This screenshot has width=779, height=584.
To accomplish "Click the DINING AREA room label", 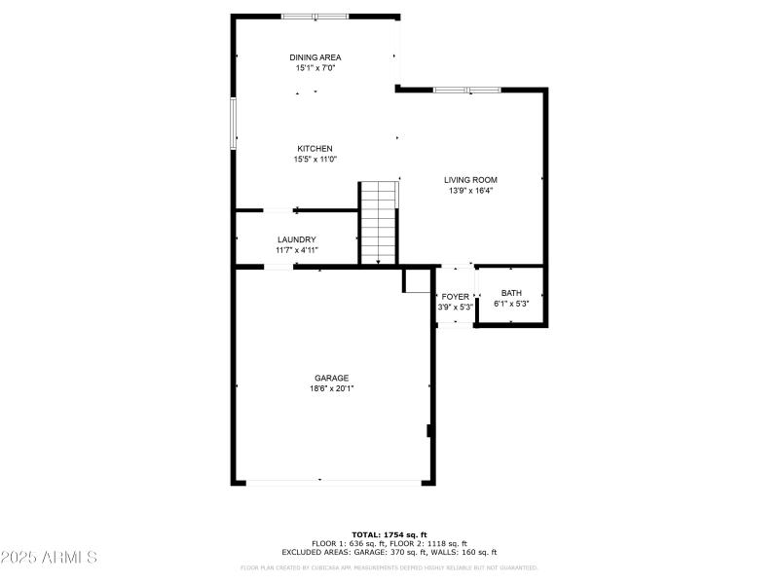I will tap(315, 57).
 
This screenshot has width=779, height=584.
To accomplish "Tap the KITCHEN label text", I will tap(315, 149).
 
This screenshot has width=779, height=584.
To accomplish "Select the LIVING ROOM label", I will tap(470, 180).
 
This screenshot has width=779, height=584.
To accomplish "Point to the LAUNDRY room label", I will tap(296, 239).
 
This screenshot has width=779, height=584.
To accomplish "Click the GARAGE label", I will tap(331, 378).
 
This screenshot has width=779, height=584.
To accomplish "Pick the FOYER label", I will tap(456, 296).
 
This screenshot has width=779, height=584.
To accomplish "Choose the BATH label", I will tap(511, 293).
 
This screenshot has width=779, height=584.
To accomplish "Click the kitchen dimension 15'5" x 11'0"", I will tap(315, 160).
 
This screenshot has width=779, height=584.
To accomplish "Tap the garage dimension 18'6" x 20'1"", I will tap(331, 388).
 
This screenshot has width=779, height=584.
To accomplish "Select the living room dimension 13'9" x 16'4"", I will tap(470, 191).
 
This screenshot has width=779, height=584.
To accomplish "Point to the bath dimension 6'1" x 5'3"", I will tap(511, 304).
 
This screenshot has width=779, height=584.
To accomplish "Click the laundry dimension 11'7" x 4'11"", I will tap(296, 250).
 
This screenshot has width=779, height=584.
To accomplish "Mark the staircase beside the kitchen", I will tap(379, 222).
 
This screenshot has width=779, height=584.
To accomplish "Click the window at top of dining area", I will tap(315, 17).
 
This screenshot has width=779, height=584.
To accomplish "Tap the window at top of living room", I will tap(466, 91).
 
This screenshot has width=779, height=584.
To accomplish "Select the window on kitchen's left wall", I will tap(234, 123).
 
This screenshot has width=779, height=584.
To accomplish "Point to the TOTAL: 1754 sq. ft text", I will tap(389, 534).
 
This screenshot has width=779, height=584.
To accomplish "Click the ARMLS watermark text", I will tap(49, 558).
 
